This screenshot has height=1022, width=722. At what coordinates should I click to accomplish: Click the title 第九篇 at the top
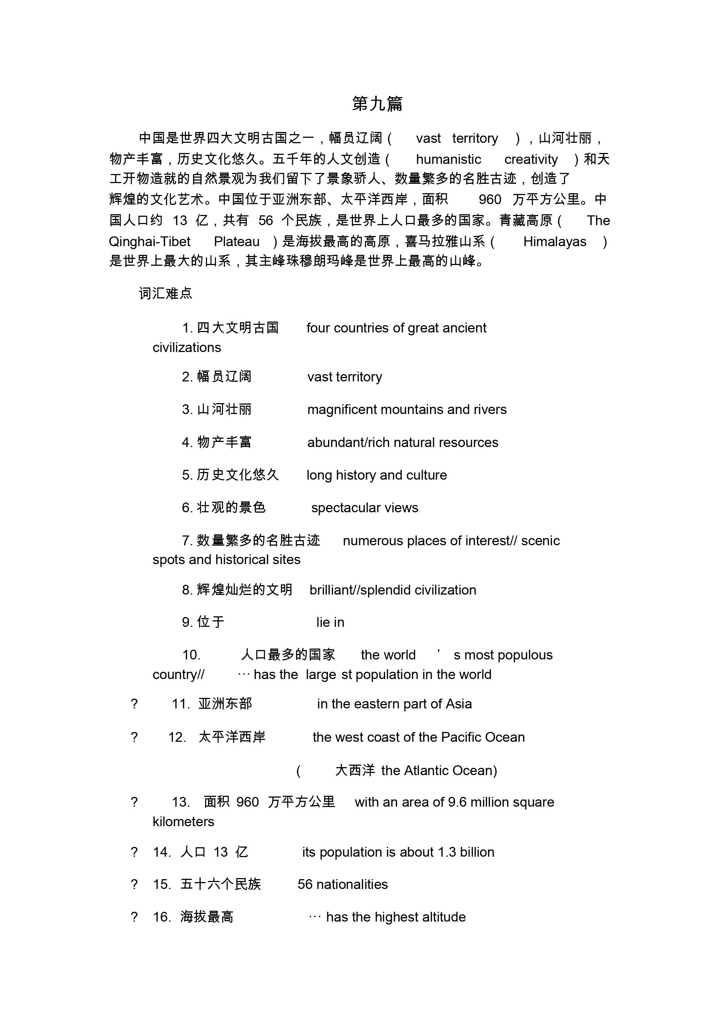tap(377, 104)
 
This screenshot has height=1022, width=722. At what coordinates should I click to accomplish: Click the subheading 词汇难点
tap(165, 293)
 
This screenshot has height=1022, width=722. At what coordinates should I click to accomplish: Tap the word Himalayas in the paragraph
tap(554, 242)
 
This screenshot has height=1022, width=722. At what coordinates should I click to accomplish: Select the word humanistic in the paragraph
tap(448, 160)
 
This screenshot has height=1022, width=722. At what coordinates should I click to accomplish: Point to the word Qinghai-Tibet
tap(150, 242)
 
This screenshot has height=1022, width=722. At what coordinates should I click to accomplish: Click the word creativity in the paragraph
tap(531, 160)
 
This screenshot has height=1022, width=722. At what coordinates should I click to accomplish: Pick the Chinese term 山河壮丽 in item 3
tap(224, 410)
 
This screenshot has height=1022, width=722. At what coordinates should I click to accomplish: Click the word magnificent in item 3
tap(342, 410)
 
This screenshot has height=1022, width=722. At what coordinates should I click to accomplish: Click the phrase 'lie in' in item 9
tap(330, 622)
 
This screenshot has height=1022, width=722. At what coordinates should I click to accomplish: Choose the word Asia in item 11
tap(458, 704)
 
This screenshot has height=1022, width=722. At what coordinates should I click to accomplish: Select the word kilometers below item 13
tap(183, 822)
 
